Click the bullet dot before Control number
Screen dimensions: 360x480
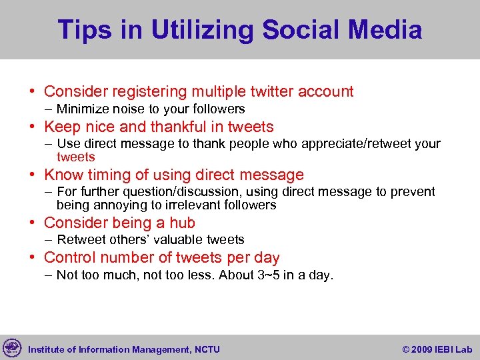point(34,258)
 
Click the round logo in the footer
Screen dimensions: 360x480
point(12,347)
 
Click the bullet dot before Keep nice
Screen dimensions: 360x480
point(34,127)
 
